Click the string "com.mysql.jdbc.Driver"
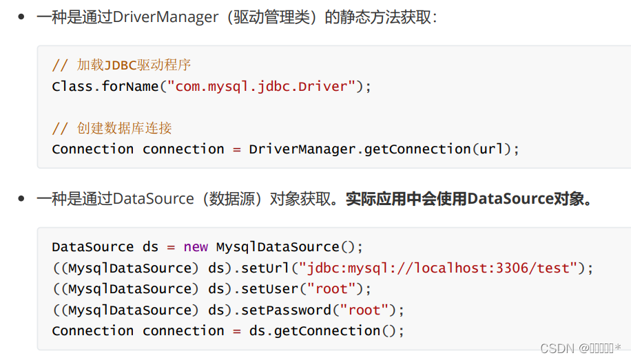[265, 87]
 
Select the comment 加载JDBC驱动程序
[134, 65]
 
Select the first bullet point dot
[21, 17]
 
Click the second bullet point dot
[21, 199]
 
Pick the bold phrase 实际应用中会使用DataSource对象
[468, 199]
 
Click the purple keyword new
[196, 247]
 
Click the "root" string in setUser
[332, 289]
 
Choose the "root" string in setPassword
[365, 310]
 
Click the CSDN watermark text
[581, 348]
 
